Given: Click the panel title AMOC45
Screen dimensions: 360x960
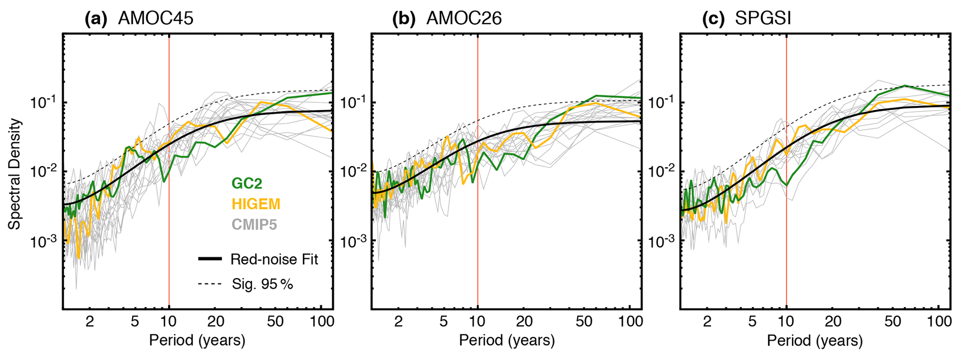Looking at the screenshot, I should click(156, 19).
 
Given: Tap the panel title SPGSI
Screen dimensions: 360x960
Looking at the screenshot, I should click(763, 19).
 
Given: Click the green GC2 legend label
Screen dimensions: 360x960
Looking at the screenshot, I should click(247, 183).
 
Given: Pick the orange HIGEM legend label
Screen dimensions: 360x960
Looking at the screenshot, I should click(256, 204).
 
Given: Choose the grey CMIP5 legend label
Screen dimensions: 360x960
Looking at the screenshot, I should click(254, 225).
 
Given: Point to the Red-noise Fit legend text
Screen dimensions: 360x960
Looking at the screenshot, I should click(274, 259).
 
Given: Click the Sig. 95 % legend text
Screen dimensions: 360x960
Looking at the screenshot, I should click(262, 284).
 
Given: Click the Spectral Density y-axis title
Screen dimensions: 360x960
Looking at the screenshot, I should click(15, 174).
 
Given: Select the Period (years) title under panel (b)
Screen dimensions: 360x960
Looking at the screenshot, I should click(507, 340).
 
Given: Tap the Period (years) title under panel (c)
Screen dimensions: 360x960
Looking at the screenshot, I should click(815, 340).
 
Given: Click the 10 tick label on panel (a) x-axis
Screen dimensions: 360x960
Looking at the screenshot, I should click(169, 321).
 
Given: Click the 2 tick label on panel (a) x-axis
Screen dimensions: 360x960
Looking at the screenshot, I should click(90, 321).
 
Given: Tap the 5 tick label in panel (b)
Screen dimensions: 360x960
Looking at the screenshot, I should click(444, 321).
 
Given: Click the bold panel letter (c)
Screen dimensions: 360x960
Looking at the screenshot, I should click(713, 19).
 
